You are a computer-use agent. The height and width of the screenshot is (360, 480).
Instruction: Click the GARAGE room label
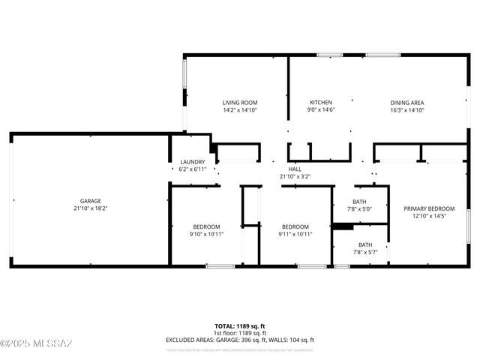[x=91, y=201]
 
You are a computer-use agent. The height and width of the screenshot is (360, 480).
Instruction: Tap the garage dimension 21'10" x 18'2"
[x=91, y=208]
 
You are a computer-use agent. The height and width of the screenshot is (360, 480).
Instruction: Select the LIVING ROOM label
[x=240, y=102]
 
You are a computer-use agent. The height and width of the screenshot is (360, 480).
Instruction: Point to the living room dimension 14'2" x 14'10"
[x=240, y=110]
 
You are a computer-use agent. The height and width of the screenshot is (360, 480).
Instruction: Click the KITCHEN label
[x=321, y=102]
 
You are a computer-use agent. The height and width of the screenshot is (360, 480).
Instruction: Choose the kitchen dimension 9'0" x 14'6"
[x=321, y=110]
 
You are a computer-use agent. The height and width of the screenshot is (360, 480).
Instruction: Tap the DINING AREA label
[x=407, y=102]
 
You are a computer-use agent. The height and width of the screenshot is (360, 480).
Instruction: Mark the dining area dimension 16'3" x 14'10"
[x=407, y=110]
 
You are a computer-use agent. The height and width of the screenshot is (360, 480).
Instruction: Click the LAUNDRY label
[x=193, y=162]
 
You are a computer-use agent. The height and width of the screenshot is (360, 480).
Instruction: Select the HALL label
[x=295, y=169]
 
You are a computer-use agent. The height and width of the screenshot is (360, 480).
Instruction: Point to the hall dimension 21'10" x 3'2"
[x=295, y=177]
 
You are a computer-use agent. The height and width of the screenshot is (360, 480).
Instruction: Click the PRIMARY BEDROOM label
[x=429, y=208]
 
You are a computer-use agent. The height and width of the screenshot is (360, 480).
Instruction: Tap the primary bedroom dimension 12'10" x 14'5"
[x=429, y=216]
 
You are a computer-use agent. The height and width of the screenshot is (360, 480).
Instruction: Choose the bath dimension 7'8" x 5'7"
[x=364, y=252]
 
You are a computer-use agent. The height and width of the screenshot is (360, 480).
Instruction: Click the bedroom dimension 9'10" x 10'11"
[x=206, y=234]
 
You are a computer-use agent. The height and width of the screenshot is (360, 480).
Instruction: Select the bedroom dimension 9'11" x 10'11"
[x=295, y=234]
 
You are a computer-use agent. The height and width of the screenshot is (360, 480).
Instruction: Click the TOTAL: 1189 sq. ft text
[x=240, y=326]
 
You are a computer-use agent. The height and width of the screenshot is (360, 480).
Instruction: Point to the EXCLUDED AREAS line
[x=240, y=340]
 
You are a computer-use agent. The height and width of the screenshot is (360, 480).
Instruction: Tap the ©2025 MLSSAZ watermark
[x=36, y=344]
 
